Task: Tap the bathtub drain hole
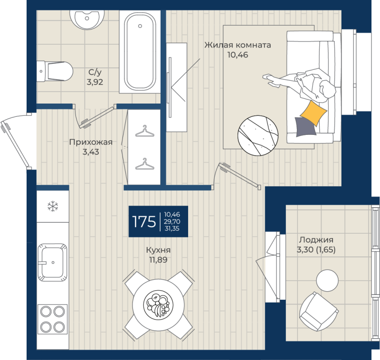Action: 140,26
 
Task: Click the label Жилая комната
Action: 237,45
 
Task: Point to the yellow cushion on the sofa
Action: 313,113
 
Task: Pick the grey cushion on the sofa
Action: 306,127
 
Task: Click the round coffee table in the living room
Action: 258,135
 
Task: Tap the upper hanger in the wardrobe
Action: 145,131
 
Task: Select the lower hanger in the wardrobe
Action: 145,164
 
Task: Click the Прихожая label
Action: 91,142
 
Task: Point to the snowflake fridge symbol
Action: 53,207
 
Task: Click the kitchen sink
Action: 52,262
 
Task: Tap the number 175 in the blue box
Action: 144,221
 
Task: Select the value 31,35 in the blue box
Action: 172,228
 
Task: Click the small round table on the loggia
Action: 327,280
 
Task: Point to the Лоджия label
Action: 316,240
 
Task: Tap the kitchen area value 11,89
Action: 158,260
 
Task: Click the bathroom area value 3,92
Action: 95,82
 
